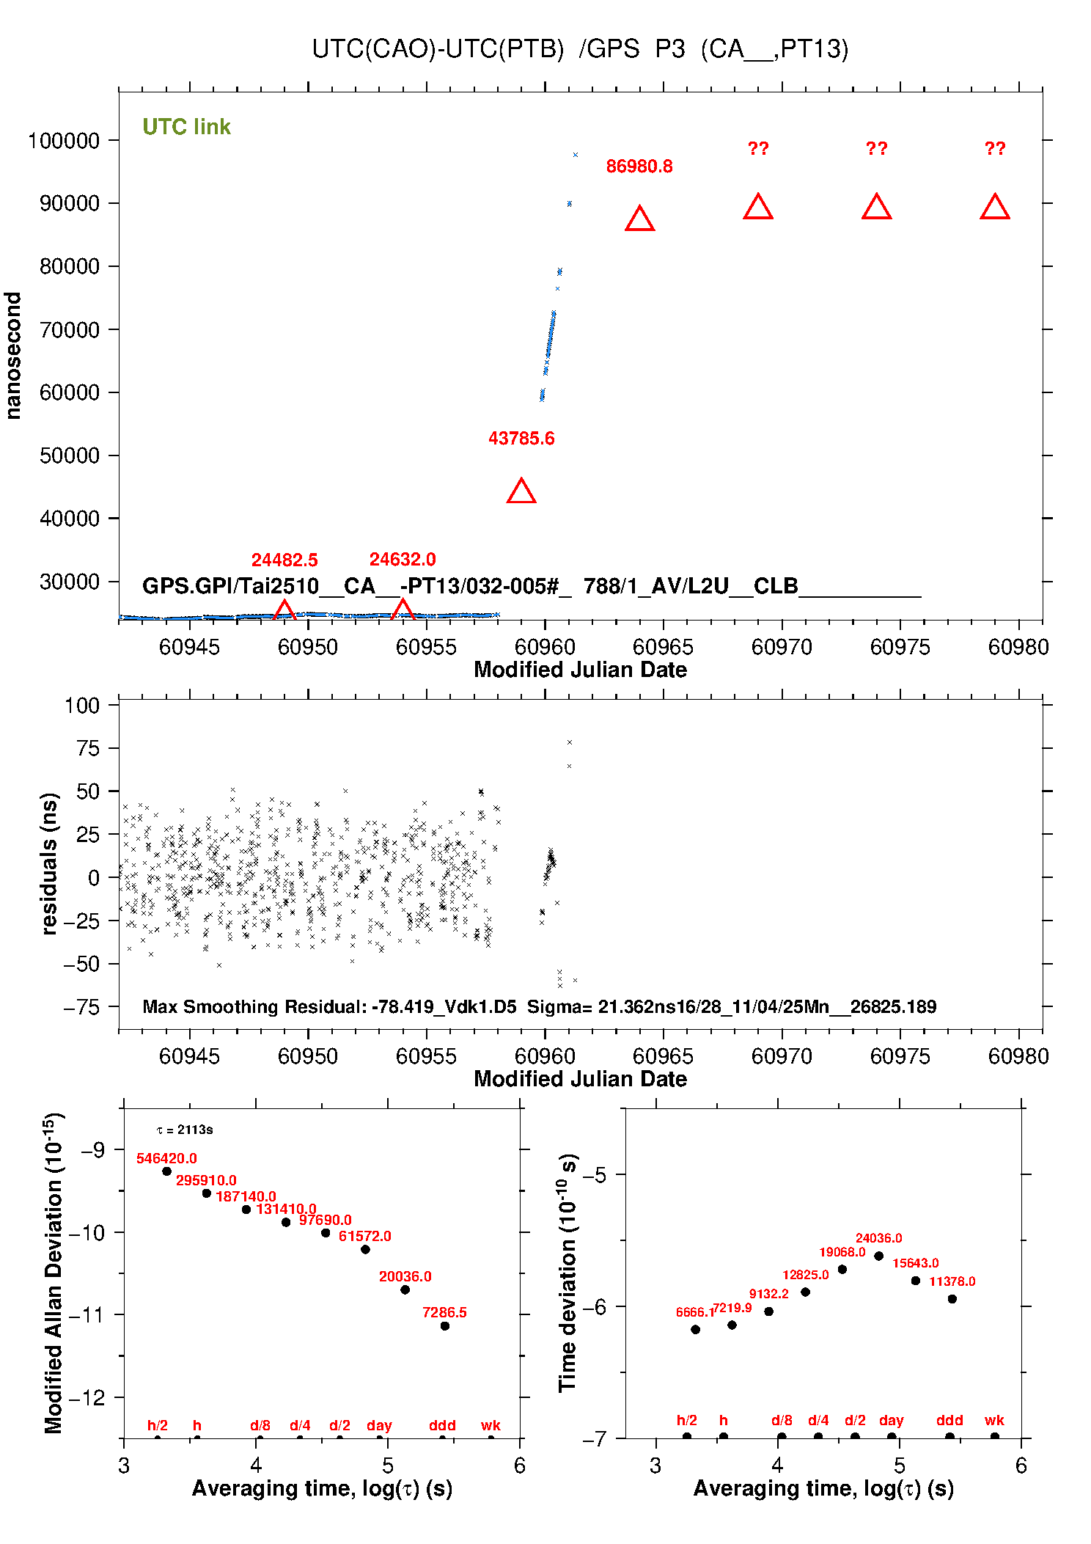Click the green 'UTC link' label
186,127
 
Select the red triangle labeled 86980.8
639,219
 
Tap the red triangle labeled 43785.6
521,491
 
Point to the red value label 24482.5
284,560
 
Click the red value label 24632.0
403,560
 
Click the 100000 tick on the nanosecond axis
64,141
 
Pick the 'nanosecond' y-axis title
13,356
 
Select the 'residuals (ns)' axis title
49,863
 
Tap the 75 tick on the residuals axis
87,748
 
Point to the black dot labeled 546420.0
167,1171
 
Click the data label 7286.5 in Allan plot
444,1312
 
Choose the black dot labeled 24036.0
878,1256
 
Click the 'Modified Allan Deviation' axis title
53,1273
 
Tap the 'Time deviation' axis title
567,1273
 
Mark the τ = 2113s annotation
185,1130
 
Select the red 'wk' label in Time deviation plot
994,1420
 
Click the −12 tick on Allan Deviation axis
87,1397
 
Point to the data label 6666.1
694,1312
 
